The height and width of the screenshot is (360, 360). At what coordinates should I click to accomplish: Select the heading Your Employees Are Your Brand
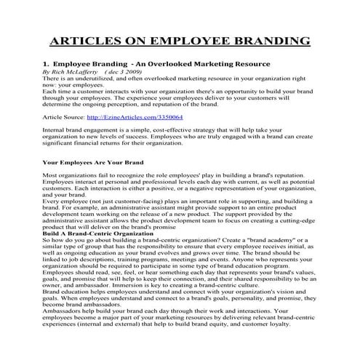point(93,162)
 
